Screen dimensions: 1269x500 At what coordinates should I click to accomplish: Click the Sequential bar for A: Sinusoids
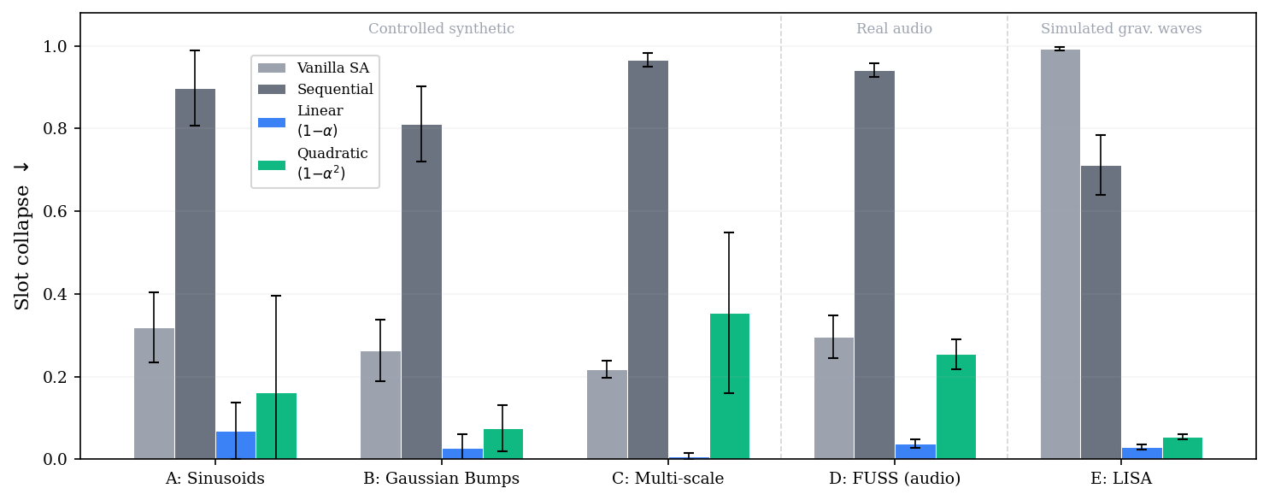(195, 274)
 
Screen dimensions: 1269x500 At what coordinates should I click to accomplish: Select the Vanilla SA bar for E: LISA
(1060, 254)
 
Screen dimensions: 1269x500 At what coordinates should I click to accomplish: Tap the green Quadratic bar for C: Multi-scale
(730, 386)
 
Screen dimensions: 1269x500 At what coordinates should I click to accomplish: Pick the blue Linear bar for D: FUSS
(915, 452)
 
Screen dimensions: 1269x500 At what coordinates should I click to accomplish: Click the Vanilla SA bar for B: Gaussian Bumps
(381, 405)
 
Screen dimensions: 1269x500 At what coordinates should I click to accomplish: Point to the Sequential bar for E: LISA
(1102, 312)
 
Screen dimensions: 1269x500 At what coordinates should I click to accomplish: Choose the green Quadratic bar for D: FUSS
(956, 407)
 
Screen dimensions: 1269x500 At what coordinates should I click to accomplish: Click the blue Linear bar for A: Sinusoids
(236, 445)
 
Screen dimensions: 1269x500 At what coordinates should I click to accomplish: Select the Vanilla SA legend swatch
(272, 68)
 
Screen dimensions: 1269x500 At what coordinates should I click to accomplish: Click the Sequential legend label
(335, 89)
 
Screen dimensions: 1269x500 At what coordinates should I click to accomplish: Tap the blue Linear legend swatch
(272, 122)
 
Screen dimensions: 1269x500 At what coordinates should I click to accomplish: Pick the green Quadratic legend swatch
(272, 165)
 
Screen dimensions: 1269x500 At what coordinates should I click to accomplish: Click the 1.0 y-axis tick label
(55, 46)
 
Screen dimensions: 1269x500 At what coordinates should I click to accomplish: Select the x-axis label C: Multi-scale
(668, 479)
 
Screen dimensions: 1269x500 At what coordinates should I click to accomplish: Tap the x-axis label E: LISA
(1121, 479)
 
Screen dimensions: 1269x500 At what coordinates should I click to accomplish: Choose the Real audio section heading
(894, 28)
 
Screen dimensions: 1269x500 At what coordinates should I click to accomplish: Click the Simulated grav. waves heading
(1121, 28)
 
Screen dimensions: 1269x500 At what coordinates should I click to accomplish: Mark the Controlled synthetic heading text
(441, 28)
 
